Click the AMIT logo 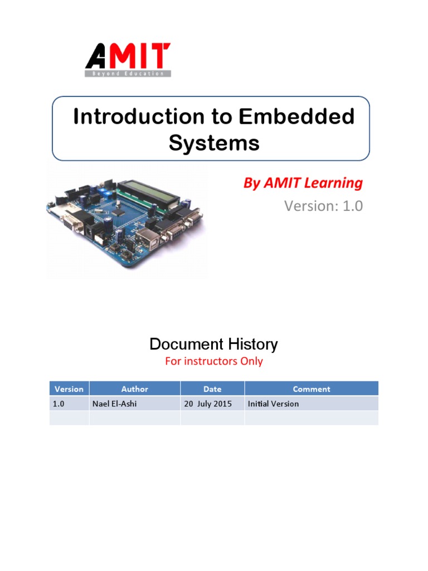(128, 56)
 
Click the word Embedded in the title (296, 117)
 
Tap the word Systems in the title (214, 143)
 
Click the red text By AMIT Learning (303, 183)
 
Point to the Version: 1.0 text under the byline (323, 206)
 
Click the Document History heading (213, 344)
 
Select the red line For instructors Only (213, 361)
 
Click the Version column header (69, 389)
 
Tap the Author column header (134, 389)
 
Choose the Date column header (212, 389)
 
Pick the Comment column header (312, 389)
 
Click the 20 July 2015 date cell (211, 404)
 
